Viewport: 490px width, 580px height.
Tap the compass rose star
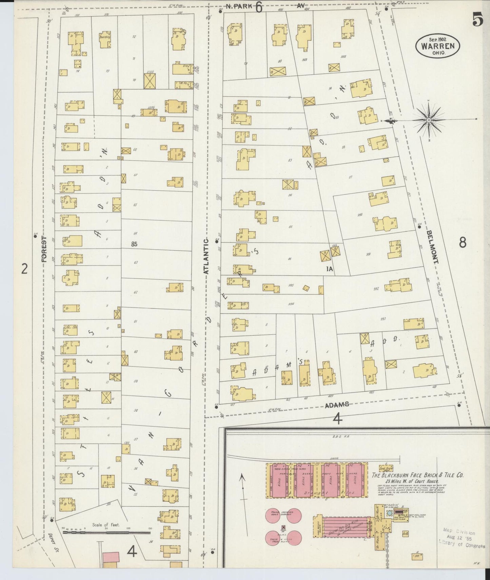coord(429,120)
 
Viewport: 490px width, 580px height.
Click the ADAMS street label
coord(337,404)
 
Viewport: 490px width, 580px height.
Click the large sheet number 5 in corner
coord(478,21)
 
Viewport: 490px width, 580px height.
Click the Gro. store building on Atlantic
coord(183,69)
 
